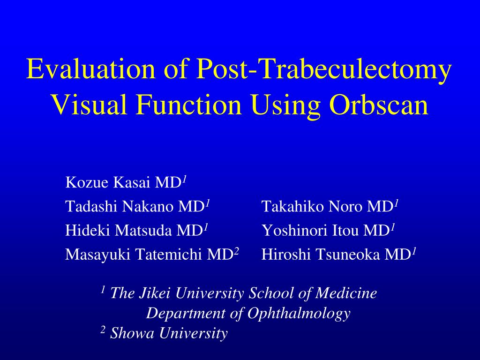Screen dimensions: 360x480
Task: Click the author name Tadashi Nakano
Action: pos(119,206)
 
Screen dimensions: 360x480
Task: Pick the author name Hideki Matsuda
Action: pos(119,230)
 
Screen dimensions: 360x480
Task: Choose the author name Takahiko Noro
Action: pos(313,206)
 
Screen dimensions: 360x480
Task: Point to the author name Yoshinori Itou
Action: pos(311,230)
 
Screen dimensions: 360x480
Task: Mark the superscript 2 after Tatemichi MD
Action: pos(237,251)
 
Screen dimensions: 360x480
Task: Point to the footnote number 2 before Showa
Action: pos(103,330)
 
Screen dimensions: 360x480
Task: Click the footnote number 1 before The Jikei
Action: pos(103,290)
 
